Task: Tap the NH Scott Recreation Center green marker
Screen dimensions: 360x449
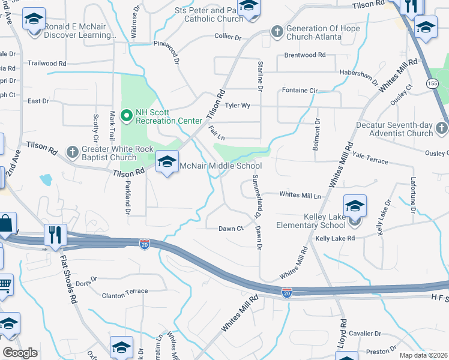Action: tap(127, 115)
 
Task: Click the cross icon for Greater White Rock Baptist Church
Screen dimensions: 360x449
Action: tap(72, 151)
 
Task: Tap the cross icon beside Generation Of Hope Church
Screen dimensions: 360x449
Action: tap(277, 30)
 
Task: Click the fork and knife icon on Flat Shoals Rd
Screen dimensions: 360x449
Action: tap(55, 234)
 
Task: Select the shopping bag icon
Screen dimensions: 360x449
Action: tap(6, 224)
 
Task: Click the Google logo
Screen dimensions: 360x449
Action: tap(20, 353)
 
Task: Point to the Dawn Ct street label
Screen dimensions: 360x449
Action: tap(231, 229)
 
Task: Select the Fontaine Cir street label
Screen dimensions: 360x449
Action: tap(299, 91)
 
